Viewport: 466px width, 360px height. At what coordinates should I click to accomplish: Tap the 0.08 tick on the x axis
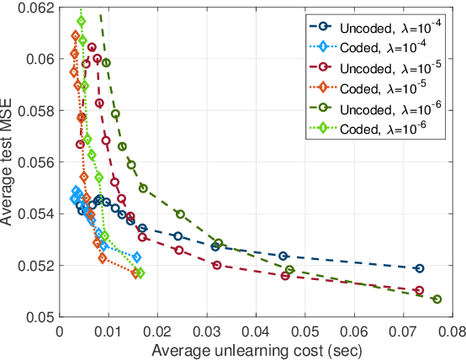pos(452,331)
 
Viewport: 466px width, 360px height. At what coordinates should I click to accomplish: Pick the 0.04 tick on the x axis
pos(255,331)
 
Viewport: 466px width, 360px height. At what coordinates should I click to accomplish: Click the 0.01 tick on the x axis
pos(108,331)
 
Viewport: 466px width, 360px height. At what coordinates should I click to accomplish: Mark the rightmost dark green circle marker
pos(437,299)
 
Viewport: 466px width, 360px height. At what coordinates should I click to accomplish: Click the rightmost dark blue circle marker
pos(420,268)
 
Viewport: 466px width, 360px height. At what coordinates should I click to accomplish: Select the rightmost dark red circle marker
pos(420,290)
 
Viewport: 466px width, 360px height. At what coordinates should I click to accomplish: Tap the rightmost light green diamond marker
pos(140,273)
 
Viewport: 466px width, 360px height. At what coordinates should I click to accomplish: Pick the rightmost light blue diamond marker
pos(137,257)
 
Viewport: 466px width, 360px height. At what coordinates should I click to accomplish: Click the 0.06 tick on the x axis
pos(353,331)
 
